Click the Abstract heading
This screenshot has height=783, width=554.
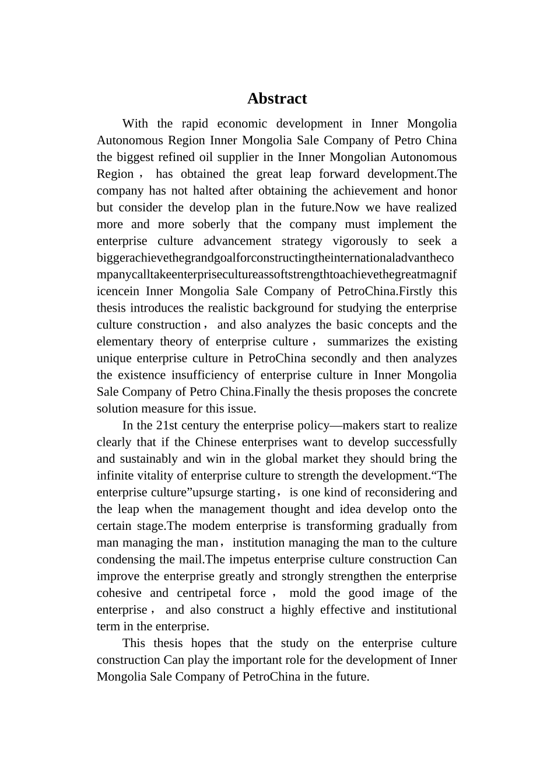pos(276,99)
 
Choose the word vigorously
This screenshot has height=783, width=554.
pos(360,242)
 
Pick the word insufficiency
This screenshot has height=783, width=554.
pos(209,375)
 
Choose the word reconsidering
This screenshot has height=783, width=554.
pos(399,493)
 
